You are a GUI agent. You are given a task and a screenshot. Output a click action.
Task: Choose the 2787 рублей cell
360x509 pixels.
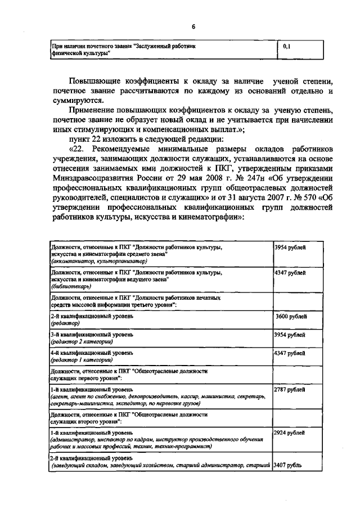(x=290, y=389)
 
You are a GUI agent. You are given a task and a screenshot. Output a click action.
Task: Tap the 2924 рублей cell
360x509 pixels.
(x=290, y=433)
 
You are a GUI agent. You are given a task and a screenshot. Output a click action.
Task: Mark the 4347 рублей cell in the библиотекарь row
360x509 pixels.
(x=290, y=273)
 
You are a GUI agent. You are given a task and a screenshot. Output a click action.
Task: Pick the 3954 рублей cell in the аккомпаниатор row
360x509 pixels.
(x=290, y=247)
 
